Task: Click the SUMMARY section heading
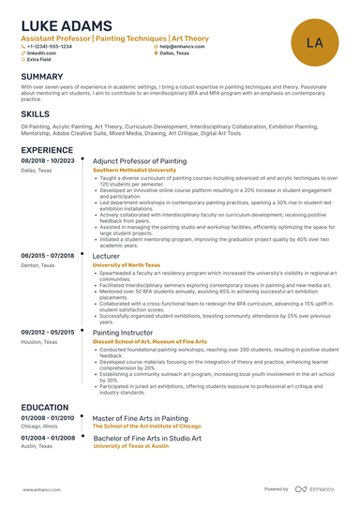coord(42,76)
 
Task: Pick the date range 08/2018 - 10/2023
coord(47,162)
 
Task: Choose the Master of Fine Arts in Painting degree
coord(141,418)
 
